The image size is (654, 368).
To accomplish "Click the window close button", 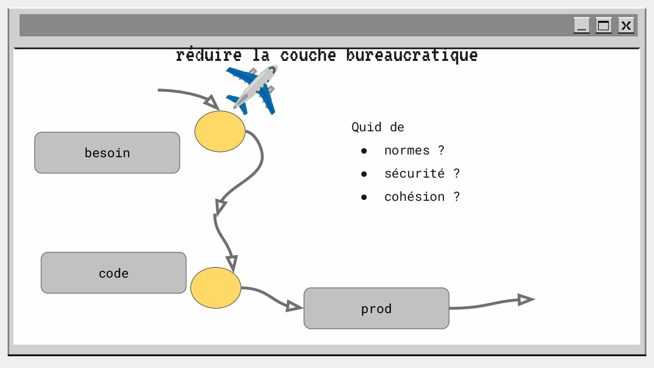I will click(626, 25).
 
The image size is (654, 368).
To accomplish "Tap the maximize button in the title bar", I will click(604, 25).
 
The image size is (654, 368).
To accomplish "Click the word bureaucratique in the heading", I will click(411, 55).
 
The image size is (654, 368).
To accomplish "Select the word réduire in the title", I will click(208, 55).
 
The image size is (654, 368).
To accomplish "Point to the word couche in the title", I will click(308, 55).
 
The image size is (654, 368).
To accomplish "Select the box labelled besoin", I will click(107, 153).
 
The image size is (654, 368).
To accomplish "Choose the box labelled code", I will click(114, 273).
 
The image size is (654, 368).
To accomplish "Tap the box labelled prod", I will click(376, 308).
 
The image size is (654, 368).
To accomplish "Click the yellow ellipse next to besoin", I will click(220, 131).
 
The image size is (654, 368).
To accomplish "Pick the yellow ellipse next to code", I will click(216, 288).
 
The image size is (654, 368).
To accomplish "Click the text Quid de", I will click(377, 127).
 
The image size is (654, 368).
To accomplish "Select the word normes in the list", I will click(406, 150).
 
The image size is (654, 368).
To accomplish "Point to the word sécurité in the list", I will click(414, 174).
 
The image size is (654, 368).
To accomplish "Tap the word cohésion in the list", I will click(414, 197).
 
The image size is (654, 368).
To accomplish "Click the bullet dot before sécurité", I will click(364, 174).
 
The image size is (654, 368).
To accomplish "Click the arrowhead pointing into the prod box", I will click(294, 307).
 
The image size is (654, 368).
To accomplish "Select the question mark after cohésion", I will click(456, 197).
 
